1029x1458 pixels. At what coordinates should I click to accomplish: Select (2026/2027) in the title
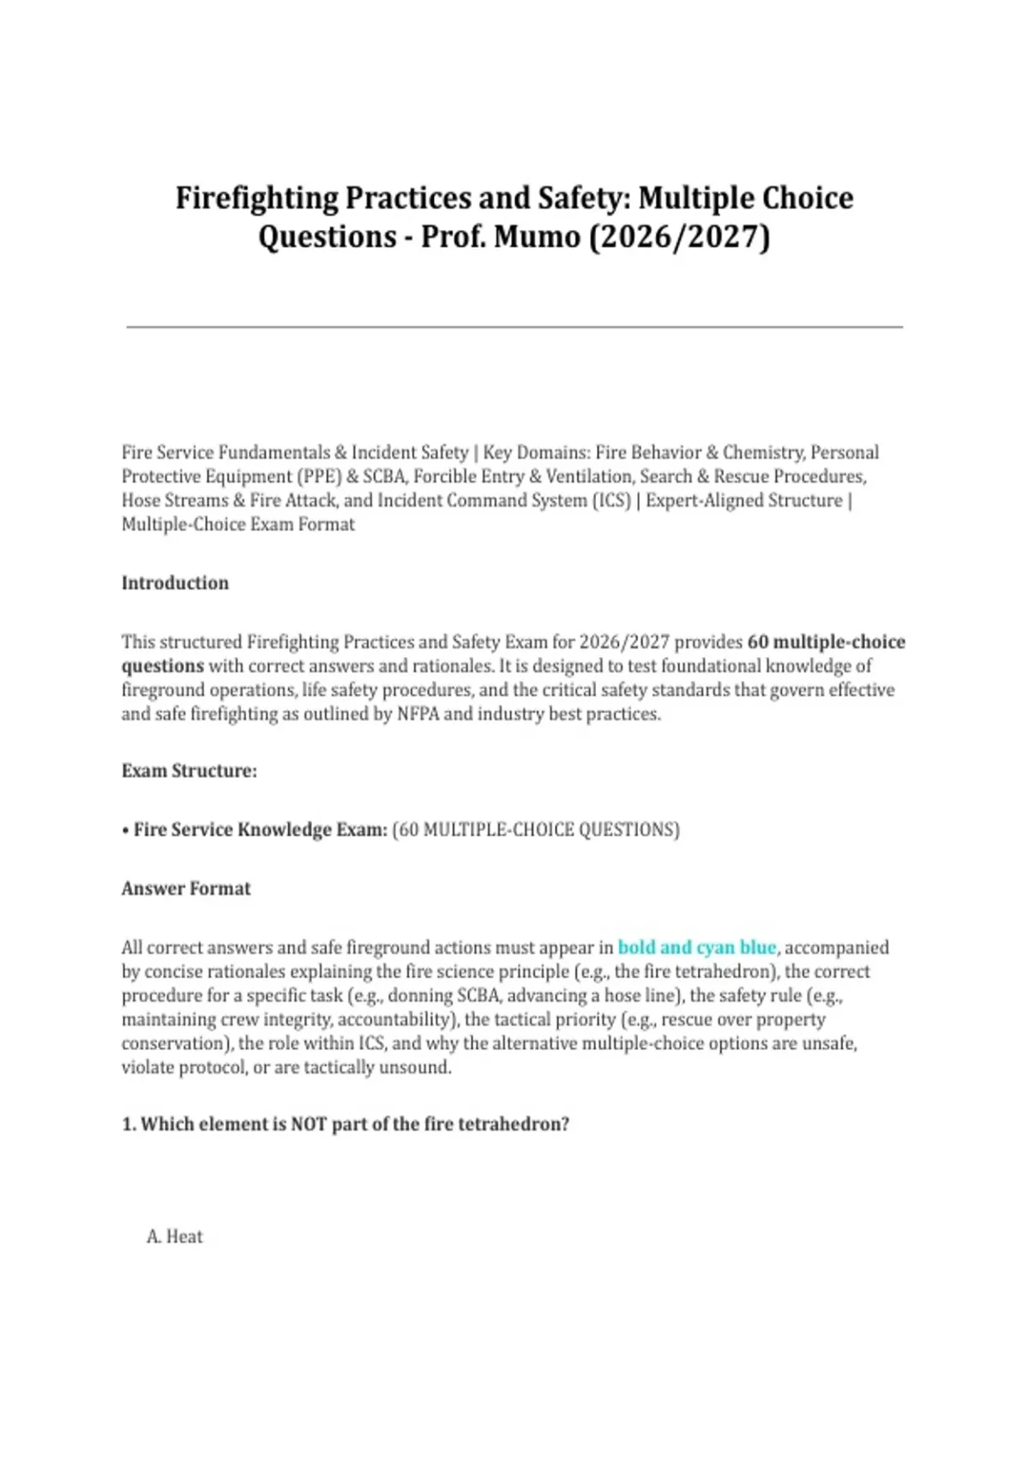(x=679, y=236)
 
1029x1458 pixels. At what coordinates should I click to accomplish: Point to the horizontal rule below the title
(x=514, y=327)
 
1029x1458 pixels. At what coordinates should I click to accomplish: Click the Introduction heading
(x=175, y=583)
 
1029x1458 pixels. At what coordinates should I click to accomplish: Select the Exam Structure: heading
(x=189, y=771)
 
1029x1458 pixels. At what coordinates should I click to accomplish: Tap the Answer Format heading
(x=186, y=889)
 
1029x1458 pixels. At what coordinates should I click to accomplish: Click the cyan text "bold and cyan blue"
(x=696, y=948)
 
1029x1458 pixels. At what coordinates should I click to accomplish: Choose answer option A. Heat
(x=175, y=1237)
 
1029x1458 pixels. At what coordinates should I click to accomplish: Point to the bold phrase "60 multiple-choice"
(x=826, y=642)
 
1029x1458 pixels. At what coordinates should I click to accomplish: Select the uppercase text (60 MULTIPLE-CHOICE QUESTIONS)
(x=536, y=830)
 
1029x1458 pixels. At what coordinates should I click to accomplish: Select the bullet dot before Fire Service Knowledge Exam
(x=125, y=830)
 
